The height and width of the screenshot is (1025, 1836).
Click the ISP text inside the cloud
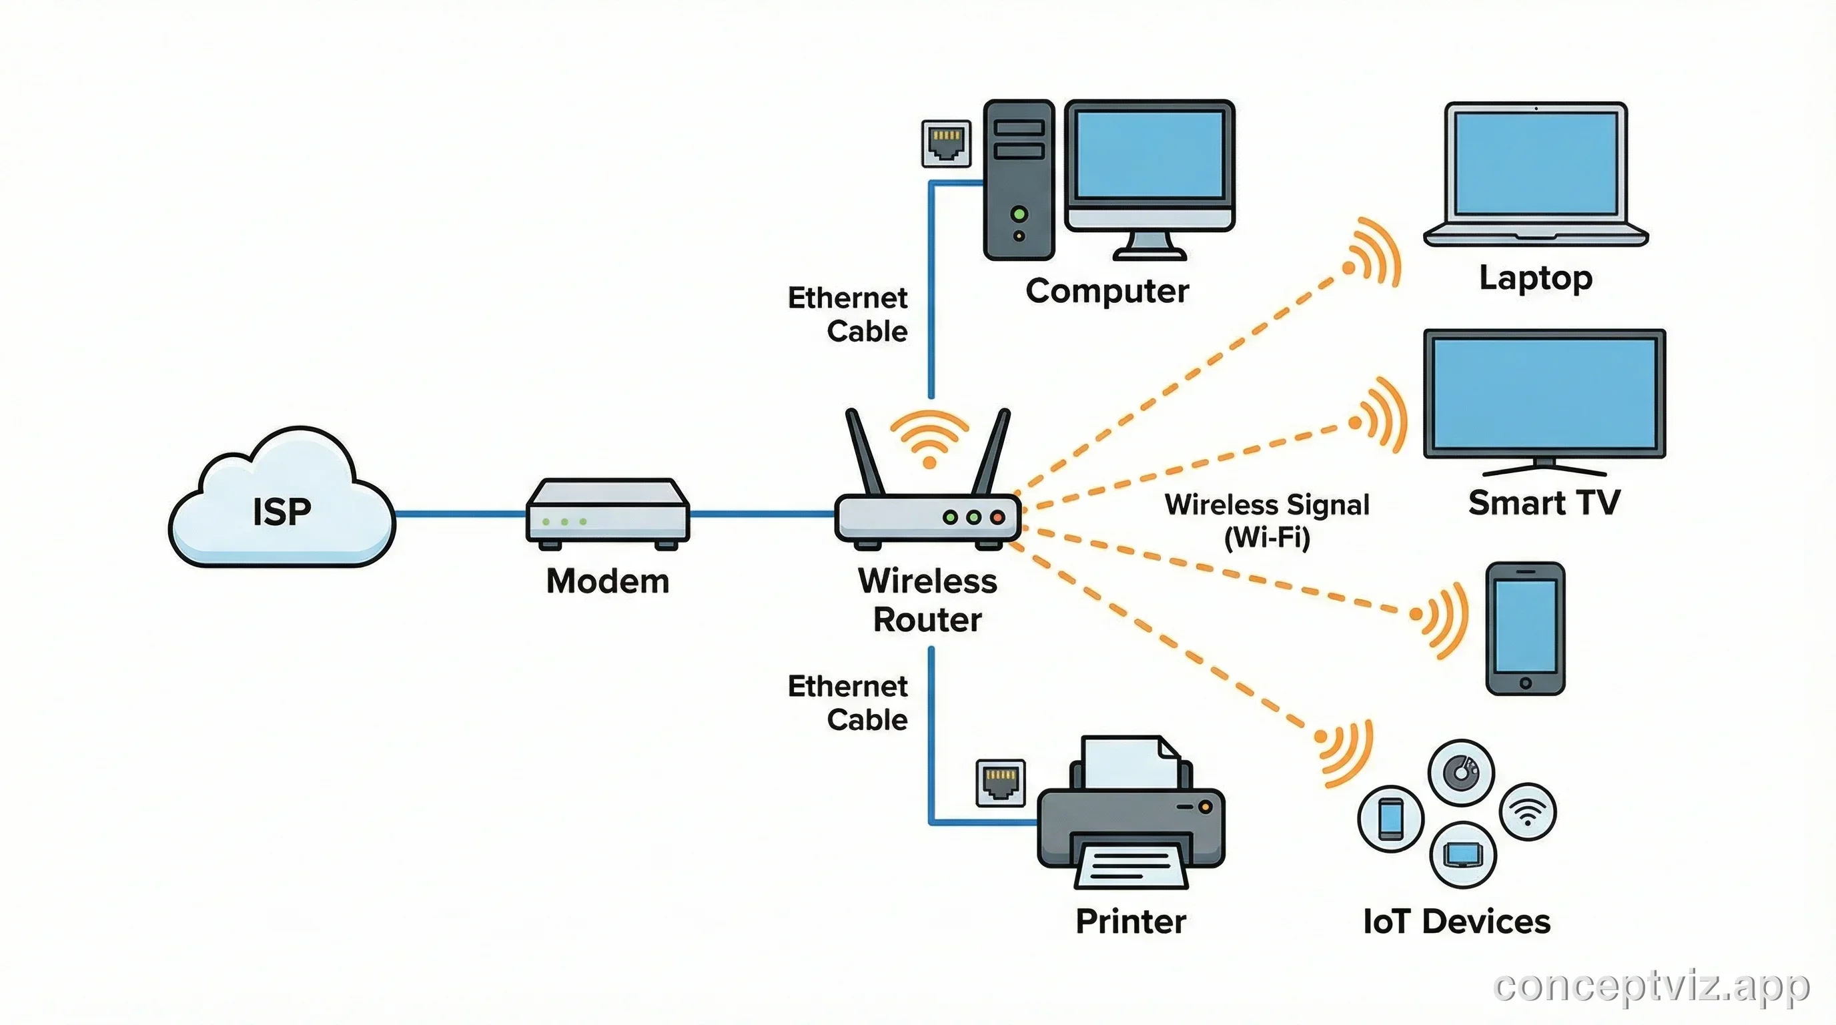[282, 512]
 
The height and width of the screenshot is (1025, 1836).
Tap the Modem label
[607, 581]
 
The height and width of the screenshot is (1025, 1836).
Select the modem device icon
[607, 512]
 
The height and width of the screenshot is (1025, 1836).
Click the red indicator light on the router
[997, 517]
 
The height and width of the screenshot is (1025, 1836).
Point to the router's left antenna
[865, 452]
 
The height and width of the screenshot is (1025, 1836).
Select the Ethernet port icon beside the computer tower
[946, 143]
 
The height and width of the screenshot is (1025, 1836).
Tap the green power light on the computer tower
[1019, 213]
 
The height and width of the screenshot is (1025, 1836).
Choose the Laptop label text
[1535, 278]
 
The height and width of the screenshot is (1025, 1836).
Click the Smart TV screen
[1544, 393]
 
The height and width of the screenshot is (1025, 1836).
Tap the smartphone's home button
[1525, 683]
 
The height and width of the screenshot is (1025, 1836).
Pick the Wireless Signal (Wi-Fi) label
[1266, 521]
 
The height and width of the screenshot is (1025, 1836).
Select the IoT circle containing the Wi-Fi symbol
[1527, 812]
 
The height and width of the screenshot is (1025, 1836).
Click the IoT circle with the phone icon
[1390, 819]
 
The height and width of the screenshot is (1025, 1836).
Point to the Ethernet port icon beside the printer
[1000, 783]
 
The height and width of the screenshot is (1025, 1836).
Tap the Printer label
[1130, 921]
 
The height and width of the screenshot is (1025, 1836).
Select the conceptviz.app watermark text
[1651, 986]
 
